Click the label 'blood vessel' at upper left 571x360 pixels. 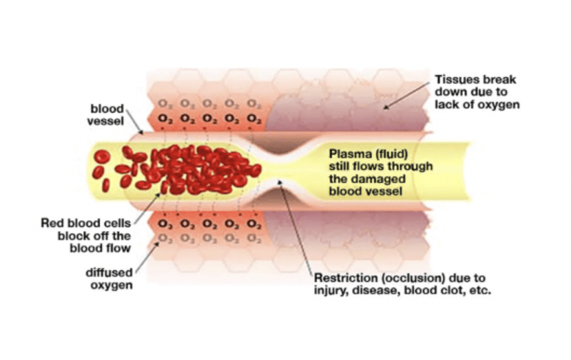tap(107, 115)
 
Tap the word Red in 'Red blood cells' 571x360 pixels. tap(51, 224)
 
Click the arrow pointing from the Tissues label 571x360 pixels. tap(408, 92)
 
